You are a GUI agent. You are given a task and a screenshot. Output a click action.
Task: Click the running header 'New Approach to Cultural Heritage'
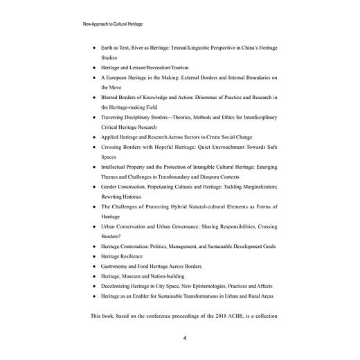(x=113, y=24)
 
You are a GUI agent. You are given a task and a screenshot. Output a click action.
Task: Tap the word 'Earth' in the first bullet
(x=109, y=49)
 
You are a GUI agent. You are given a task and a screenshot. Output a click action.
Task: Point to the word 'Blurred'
(x=111, y=98)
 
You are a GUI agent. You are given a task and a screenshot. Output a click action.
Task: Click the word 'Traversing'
(x=116, y=118)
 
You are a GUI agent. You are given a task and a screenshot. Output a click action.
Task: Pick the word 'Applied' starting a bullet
(x=111, y=137)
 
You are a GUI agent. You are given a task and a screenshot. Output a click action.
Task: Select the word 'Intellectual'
(x=118, y=167)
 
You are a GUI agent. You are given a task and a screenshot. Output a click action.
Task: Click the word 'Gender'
(x=111, y=187)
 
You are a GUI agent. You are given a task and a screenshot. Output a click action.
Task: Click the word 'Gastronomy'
(x=118, y=266)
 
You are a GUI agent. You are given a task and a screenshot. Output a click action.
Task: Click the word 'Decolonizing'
(x=118, y=285)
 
